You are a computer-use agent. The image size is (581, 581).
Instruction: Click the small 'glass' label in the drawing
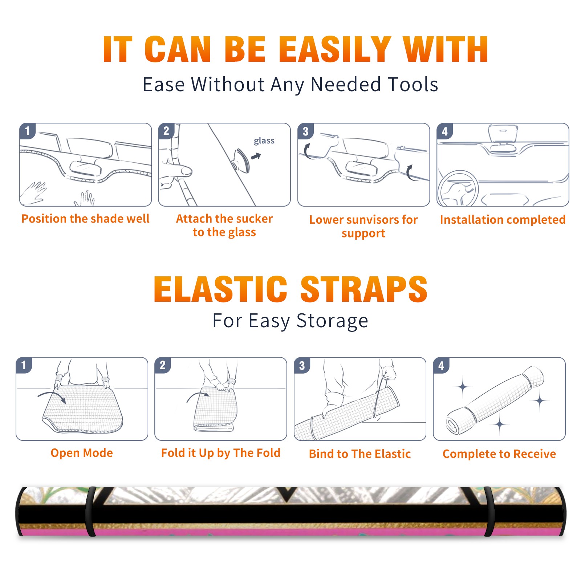(264, 141)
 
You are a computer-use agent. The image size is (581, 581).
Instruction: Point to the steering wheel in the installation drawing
(458, 188)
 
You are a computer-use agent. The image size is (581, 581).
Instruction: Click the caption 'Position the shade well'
(85, 219)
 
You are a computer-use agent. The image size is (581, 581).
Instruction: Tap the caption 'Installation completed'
(503, 220)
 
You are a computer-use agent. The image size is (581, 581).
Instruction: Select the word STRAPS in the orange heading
(364, 289)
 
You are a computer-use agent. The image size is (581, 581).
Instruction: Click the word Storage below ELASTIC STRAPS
(332, 321)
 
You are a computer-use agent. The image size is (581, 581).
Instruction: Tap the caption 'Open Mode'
(82, 453)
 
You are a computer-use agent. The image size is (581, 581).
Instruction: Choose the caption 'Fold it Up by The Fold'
(221, 453)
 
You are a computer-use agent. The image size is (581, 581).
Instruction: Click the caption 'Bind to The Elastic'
(360, 454)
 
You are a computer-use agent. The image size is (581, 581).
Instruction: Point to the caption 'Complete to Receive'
(499, 454)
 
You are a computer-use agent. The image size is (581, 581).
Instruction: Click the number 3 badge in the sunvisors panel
(305, 131)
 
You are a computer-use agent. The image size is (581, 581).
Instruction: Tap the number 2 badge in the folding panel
(163, 365)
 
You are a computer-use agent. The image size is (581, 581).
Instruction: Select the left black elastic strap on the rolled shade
(90, 511)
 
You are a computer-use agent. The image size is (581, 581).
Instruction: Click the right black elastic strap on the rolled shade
(489, 511)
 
